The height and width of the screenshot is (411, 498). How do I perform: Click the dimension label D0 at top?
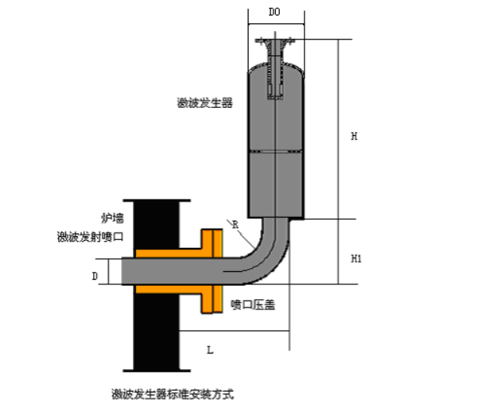[274, 13]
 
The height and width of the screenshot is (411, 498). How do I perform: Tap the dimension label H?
[353, 136]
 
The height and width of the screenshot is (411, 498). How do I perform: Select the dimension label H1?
[357, 257]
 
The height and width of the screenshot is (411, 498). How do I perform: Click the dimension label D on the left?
[95, 275]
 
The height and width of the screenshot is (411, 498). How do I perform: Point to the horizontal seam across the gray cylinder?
[276, 151]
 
